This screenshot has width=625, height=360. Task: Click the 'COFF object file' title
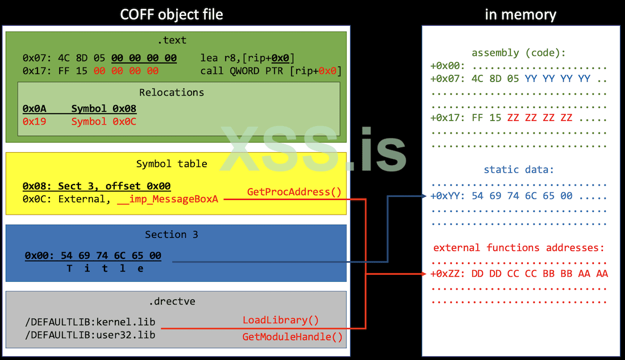click(x=172, y=14)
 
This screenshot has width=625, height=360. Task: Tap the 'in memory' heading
click(x=520, y=14)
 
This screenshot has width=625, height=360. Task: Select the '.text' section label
click(x=172, y=40)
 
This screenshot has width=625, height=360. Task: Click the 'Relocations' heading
click(x=172, y=92)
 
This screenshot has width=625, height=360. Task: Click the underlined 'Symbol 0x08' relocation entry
click(x=103, y=108)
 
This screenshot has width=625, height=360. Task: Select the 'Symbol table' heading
click(x=172, y=164)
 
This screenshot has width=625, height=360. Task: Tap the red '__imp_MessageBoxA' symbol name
click(x=168, y=199)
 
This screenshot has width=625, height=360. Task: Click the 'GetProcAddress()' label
click(x=294, y=192)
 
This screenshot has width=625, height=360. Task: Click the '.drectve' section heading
click(x=176, y=302)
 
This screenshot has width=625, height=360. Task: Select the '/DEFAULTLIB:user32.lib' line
click(x=90, y=334)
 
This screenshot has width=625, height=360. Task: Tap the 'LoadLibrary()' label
click(x=281, y=320)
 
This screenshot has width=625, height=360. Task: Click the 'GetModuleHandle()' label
click(x=293, y=337)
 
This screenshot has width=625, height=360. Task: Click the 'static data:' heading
click(x=518, y=169)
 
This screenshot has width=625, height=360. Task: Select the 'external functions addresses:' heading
click(x=519, y=248)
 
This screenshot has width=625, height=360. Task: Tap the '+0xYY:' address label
click(x=447, y=196)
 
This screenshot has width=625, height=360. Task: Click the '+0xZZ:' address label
click(x=447, y=274)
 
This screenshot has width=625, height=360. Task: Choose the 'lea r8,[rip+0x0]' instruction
click(x=247, y=58)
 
